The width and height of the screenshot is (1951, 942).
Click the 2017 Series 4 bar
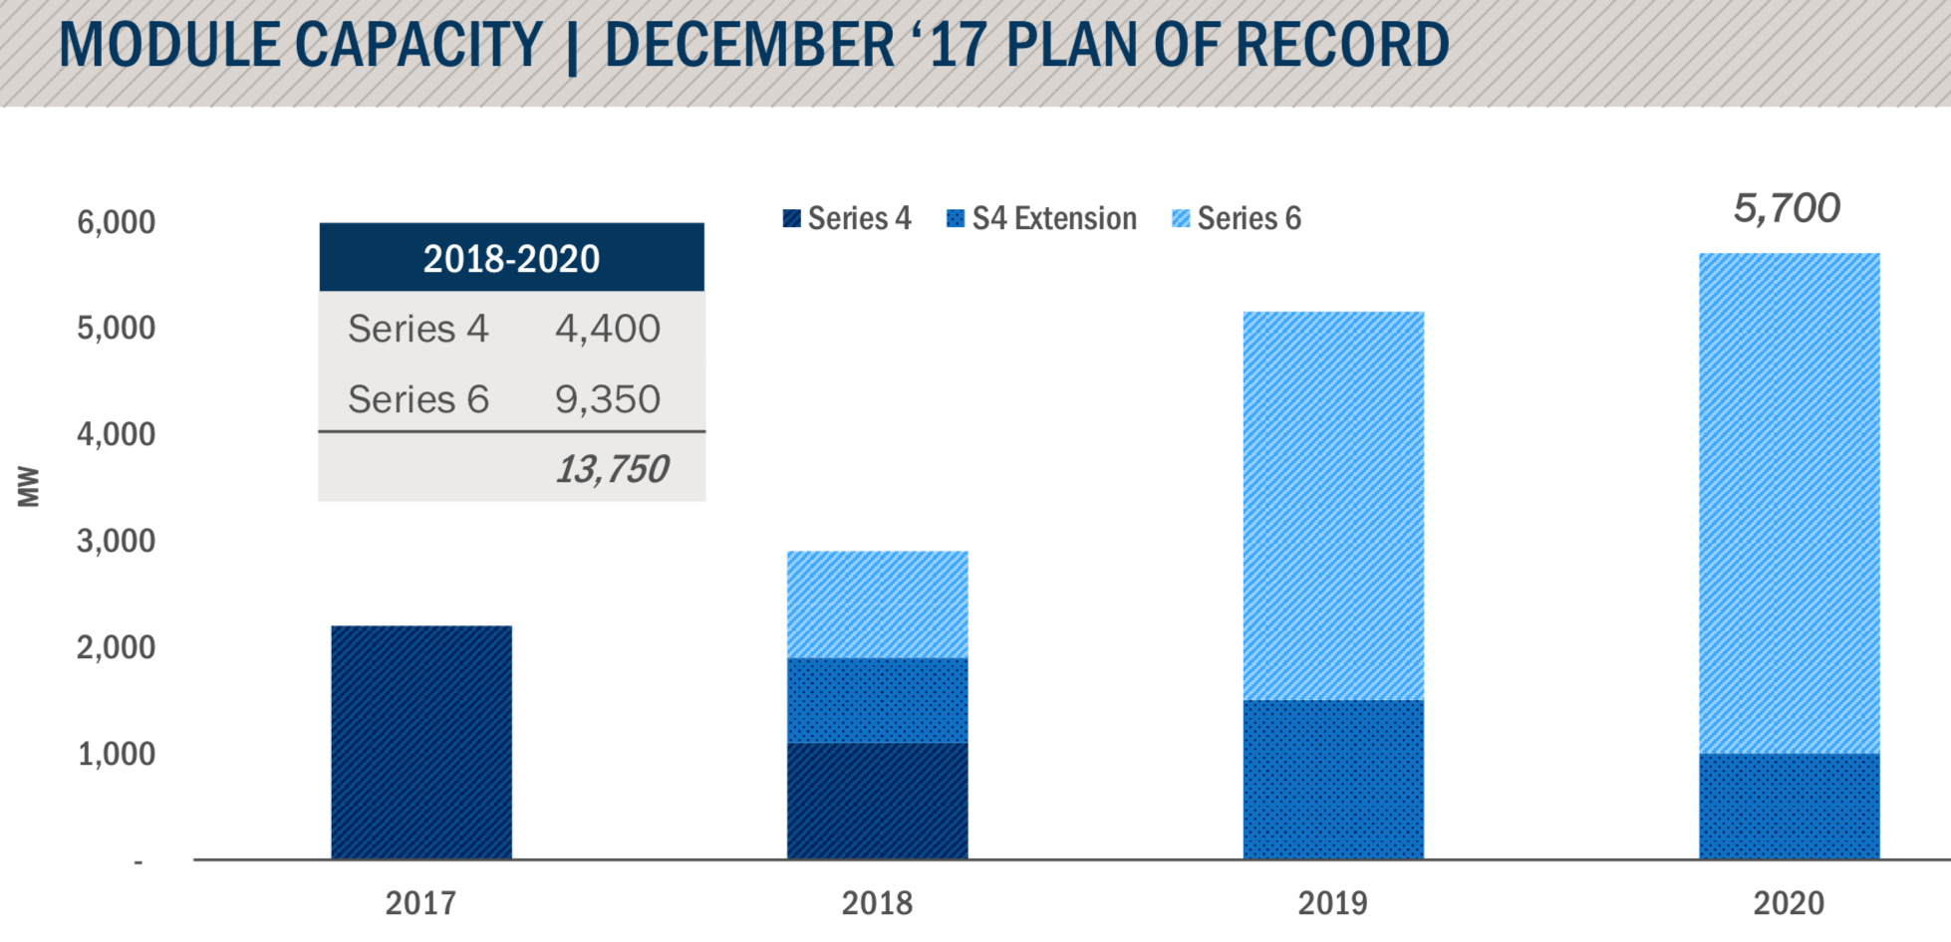coord(420,742)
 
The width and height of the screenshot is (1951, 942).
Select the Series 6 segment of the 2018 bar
coord(877,604)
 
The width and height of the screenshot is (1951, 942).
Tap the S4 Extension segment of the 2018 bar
coord(877,700)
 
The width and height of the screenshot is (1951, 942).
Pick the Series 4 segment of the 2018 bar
coord(877,800)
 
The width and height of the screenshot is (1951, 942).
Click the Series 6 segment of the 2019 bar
coord(1333,506)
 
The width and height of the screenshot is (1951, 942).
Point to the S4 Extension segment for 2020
coord(1789,806)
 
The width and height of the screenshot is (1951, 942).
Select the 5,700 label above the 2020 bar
coord(1787,209)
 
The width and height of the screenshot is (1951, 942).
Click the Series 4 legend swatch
coord(792,219)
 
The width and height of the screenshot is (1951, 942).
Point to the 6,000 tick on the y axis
coord(117,222)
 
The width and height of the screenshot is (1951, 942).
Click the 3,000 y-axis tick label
coord(117,541)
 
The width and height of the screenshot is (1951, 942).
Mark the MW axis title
coord(28,487)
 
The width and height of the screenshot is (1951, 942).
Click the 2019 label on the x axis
coord(1332,903)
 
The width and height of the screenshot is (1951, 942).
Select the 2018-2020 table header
coord(511,259)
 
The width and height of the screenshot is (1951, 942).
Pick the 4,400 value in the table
coord(607,329)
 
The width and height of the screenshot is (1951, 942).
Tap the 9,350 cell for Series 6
coord(607,399)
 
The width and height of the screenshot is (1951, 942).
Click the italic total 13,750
coord(611,469)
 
